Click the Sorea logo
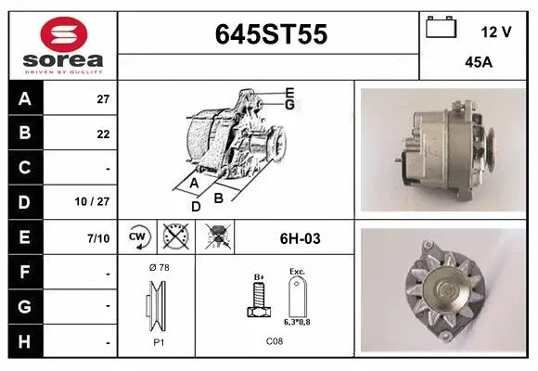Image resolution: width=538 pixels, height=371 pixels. click(63, 45)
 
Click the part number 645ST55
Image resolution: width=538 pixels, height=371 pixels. click(270, 35)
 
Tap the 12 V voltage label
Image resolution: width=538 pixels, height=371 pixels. click(496, 32)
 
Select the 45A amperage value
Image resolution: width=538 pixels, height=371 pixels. click(478, 64)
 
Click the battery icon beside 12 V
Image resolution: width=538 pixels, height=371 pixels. click(441, 29)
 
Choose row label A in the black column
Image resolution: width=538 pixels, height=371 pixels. click(24, 98)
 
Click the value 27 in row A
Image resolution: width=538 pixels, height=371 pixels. click(103, 98)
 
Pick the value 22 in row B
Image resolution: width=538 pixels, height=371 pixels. click(103, 134)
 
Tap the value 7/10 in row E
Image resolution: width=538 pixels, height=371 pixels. click(98, 238)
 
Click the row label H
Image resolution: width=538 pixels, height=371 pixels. click(24, 341)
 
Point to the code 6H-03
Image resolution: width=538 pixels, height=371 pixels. click(300, 238)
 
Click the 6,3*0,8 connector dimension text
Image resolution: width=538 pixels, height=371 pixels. click(298, 322)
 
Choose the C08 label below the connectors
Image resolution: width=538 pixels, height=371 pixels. click(275, 341)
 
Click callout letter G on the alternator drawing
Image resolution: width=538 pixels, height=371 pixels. click(289, 104)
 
